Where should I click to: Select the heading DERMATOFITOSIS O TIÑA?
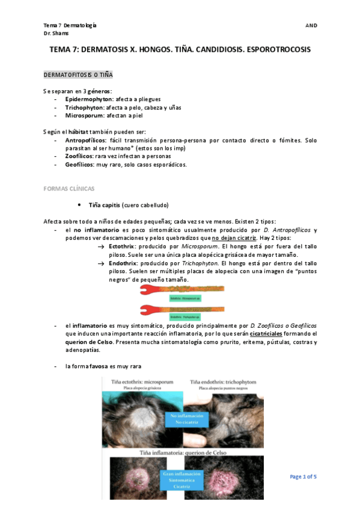click(78, 75)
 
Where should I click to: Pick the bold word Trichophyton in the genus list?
click(85, 107)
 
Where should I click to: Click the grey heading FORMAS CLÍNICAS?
click(68, 188)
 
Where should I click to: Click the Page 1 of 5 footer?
click(303, 477)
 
